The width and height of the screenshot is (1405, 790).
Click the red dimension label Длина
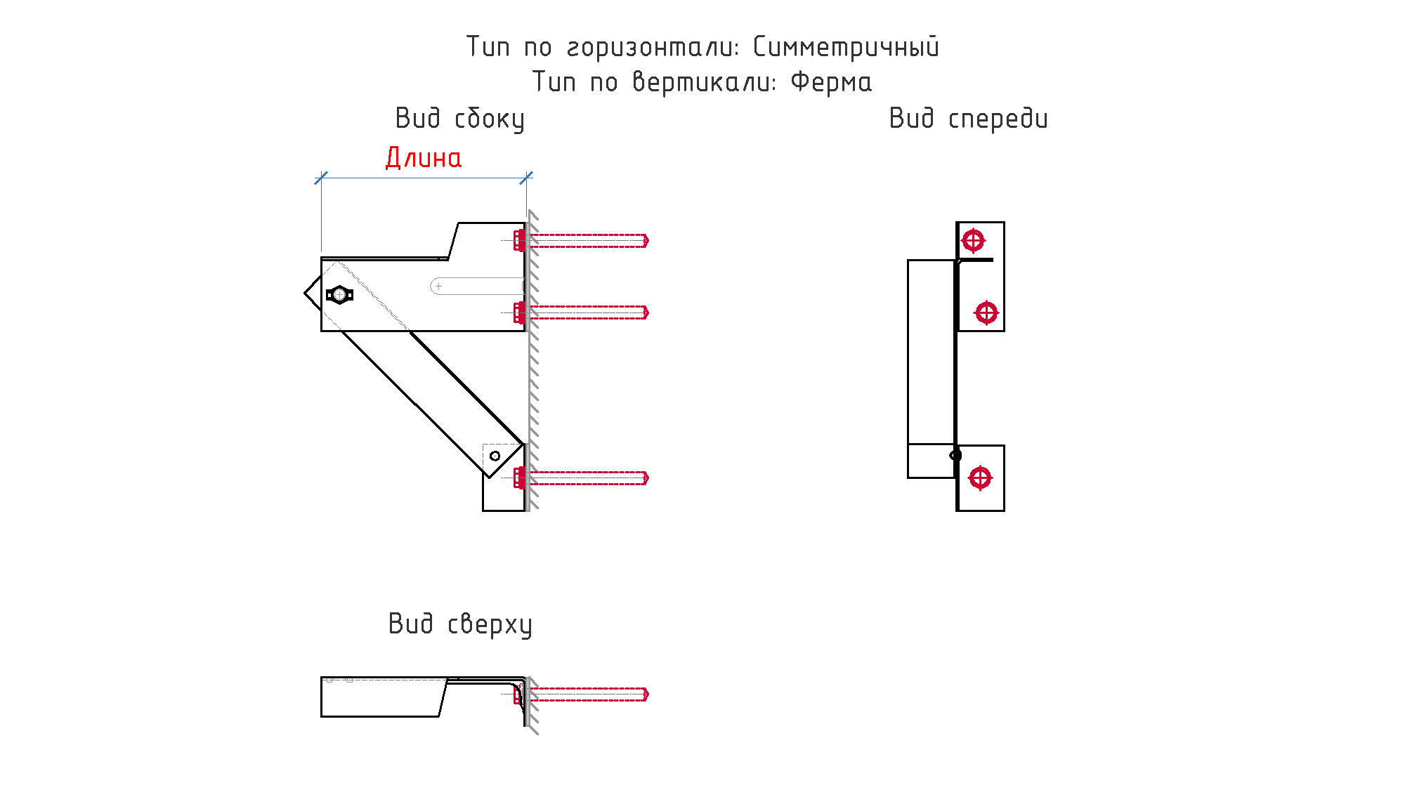pos(424,158)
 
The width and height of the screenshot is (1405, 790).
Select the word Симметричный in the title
pos(846,47)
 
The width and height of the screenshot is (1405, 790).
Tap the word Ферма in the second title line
pos(831,82)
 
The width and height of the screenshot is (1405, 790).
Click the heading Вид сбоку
pos(460,119)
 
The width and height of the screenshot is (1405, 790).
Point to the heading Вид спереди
pos(968,119)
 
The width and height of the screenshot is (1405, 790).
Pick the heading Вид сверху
pos(460,624)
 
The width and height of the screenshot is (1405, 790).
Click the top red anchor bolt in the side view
pos(581,240)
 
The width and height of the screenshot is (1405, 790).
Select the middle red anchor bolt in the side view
pos(581,312)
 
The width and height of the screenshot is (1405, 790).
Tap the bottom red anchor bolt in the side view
pos(581,478)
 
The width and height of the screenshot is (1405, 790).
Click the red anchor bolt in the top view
pos(581,694)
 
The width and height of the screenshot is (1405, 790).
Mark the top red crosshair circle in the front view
pos(973,241)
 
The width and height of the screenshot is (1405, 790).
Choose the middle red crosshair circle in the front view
pos(986,312)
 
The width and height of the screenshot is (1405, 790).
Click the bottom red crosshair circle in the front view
pos(980,478)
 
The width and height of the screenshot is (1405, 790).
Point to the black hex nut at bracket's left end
pos(339,295)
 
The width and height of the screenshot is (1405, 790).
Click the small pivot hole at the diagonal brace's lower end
pos(495,456)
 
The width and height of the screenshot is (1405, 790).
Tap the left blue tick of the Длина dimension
pos(321,178)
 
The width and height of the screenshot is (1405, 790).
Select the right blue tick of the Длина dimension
pos(526,178)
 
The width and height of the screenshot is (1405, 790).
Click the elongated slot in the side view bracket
pos(477,287)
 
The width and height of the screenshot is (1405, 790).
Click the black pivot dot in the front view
pos(955,455)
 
